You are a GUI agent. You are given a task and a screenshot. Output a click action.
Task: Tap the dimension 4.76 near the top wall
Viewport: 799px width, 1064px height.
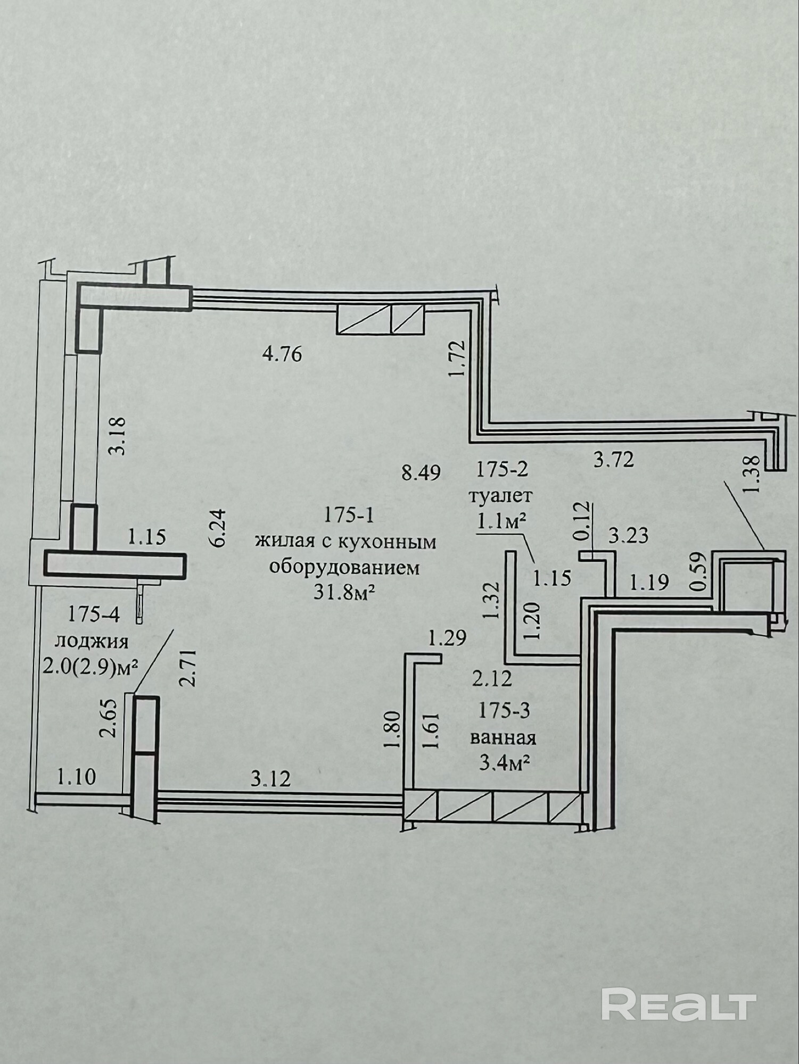point(283,354)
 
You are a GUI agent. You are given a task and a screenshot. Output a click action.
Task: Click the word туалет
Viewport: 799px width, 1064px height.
point(500,496)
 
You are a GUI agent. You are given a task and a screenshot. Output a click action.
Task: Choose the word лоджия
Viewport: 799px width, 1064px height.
point(92,642)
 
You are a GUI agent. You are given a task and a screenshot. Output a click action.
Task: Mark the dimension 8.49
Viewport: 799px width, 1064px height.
point(421,472)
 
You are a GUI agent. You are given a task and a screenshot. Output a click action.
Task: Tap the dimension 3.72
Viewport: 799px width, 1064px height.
point(614,459)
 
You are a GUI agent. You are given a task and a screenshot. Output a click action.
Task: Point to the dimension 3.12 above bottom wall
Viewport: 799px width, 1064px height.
point(271,779)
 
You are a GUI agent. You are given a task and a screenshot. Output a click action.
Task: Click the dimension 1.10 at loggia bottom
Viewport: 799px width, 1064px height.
point(77,777)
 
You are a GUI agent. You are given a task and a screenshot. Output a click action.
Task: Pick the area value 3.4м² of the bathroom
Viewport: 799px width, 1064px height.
point(505,764)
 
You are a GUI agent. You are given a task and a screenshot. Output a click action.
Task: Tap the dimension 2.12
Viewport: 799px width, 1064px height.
point(492,678)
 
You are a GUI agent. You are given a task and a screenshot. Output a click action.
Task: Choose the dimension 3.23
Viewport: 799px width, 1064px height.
point(629,536)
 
